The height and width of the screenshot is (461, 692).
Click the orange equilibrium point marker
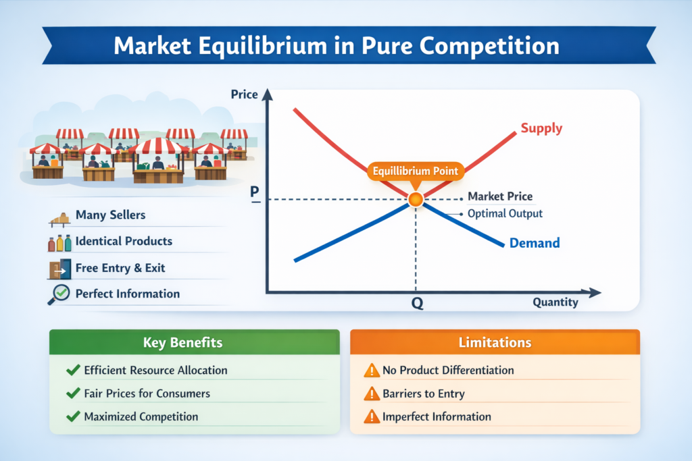point(415,199)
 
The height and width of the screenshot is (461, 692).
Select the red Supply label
point(541,128)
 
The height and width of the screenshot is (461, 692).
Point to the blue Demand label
point(535,243)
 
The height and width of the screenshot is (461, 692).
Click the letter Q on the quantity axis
point(417,304)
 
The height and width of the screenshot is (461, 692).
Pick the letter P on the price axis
point(255,192)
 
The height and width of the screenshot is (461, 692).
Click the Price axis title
point(245,94)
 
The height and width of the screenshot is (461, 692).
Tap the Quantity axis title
point(555,302)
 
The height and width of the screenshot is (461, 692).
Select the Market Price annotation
point(500,197)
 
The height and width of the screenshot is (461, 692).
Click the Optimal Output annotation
point(505,213)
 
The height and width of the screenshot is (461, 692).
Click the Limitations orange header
point(495,342)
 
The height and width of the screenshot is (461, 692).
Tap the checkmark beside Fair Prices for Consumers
point(72,394)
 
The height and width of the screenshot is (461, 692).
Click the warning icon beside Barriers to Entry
point(371,394)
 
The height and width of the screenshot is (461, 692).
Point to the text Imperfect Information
point(437,416)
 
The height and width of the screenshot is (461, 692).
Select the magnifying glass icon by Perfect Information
point(59,294)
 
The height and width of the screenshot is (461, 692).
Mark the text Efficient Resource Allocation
point(155,371)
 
